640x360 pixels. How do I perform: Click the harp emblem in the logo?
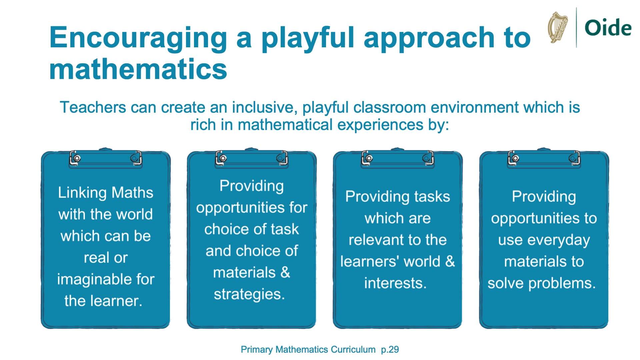pos(558,27)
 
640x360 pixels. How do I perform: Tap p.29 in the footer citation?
pos(390,350)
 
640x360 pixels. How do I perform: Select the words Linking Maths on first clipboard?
pos(105,193)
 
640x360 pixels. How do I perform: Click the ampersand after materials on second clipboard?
pos(285,273)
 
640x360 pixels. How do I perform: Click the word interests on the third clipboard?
pos(395,283)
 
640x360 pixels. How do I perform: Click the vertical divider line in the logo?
pos(576,27)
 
